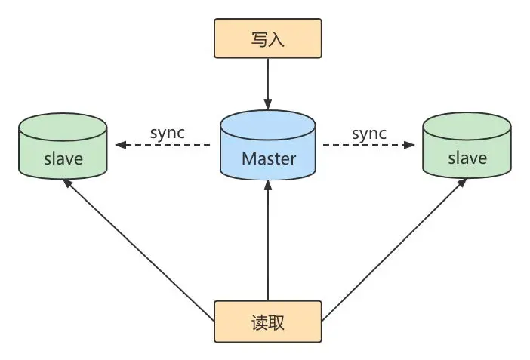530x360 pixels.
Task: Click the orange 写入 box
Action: click(267, 39)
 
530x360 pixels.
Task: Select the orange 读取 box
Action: click(267, 322)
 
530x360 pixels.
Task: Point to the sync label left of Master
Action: click(168, 133)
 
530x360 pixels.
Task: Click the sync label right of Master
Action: click(368, 133)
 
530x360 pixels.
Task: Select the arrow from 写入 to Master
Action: click(267, 83)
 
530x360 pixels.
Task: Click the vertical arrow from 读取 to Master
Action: click(267, 242)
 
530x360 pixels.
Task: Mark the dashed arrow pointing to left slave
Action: click(162, 145)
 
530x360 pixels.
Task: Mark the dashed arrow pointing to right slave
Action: click(370, 145)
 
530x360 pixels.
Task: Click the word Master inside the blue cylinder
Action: click(267, 159)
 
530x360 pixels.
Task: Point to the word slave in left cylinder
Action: click(63, 159)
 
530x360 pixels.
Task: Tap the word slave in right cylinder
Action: click(467, 159)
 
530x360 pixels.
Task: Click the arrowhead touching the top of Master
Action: click(267, 103)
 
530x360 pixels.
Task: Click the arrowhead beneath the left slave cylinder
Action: click(67, 183)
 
